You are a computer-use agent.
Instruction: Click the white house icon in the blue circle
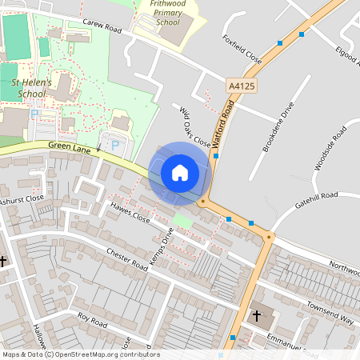point(180,172)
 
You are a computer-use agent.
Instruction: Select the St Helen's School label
point(31,87)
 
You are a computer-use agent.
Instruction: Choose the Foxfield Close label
point(242,52)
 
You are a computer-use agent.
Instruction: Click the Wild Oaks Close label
point(194,126)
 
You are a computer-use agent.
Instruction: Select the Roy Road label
point(92,322)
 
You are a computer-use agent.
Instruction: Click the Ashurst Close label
point(22,199)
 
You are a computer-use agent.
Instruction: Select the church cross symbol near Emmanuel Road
point(256,316)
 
